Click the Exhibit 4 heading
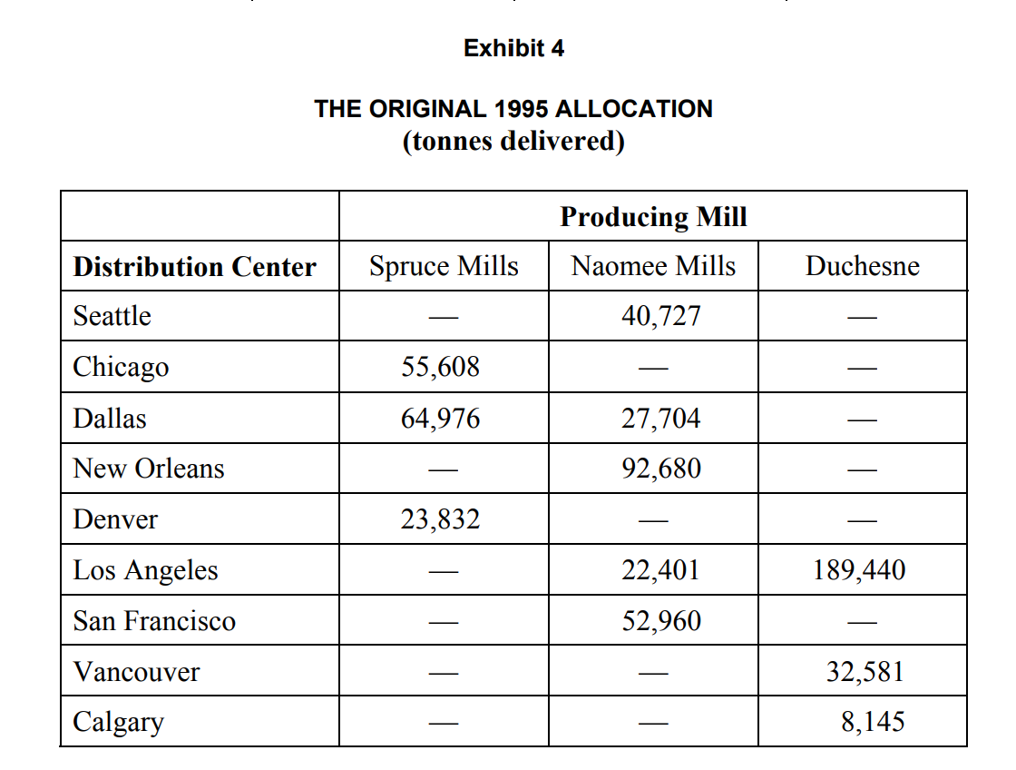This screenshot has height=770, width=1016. tap(513, 48)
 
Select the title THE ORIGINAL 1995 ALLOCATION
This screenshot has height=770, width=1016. tap(513, 109)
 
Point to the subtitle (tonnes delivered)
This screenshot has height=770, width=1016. tap(513, 142)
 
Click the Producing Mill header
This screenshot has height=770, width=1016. tap(653, 217)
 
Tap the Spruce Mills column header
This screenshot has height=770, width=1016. tap(444, 266)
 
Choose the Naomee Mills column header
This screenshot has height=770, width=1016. tap(653, 266)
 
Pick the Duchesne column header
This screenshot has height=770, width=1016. tap(862, 266)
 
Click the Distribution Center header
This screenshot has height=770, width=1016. tap(195, 267)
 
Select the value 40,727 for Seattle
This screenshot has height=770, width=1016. tap(661, 316)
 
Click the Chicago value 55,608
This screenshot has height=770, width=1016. tap(441, 367)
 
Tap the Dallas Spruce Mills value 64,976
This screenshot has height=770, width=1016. tap(441, 419)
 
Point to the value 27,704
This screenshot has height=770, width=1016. tap(661, 419)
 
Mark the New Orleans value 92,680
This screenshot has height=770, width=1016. tap(661, 469)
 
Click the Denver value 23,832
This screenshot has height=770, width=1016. tap(441, 519)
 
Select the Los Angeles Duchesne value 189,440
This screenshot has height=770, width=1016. tap(860, 570)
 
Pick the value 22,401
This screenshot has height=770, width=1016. tap(661, 570)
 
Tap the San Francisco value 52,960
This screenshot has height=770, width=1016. tap(661, 621)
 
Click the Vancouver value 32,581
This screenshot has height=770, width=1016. tap(865, 672)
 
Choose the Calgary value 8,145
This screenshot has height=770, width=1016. tap(873, 722)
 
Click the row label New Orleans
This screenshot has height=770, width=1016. tap(149, 469)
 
